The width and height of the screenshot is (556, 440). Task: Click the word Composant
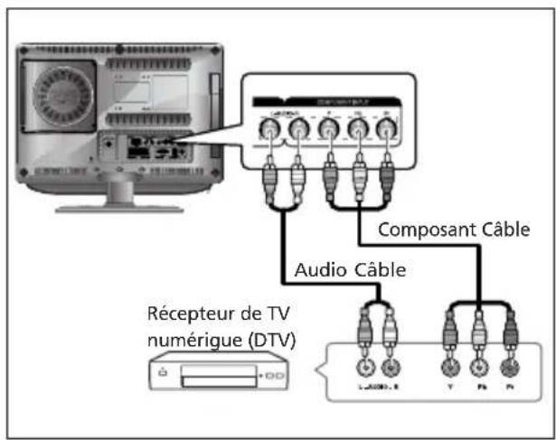tap(420, 229)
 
